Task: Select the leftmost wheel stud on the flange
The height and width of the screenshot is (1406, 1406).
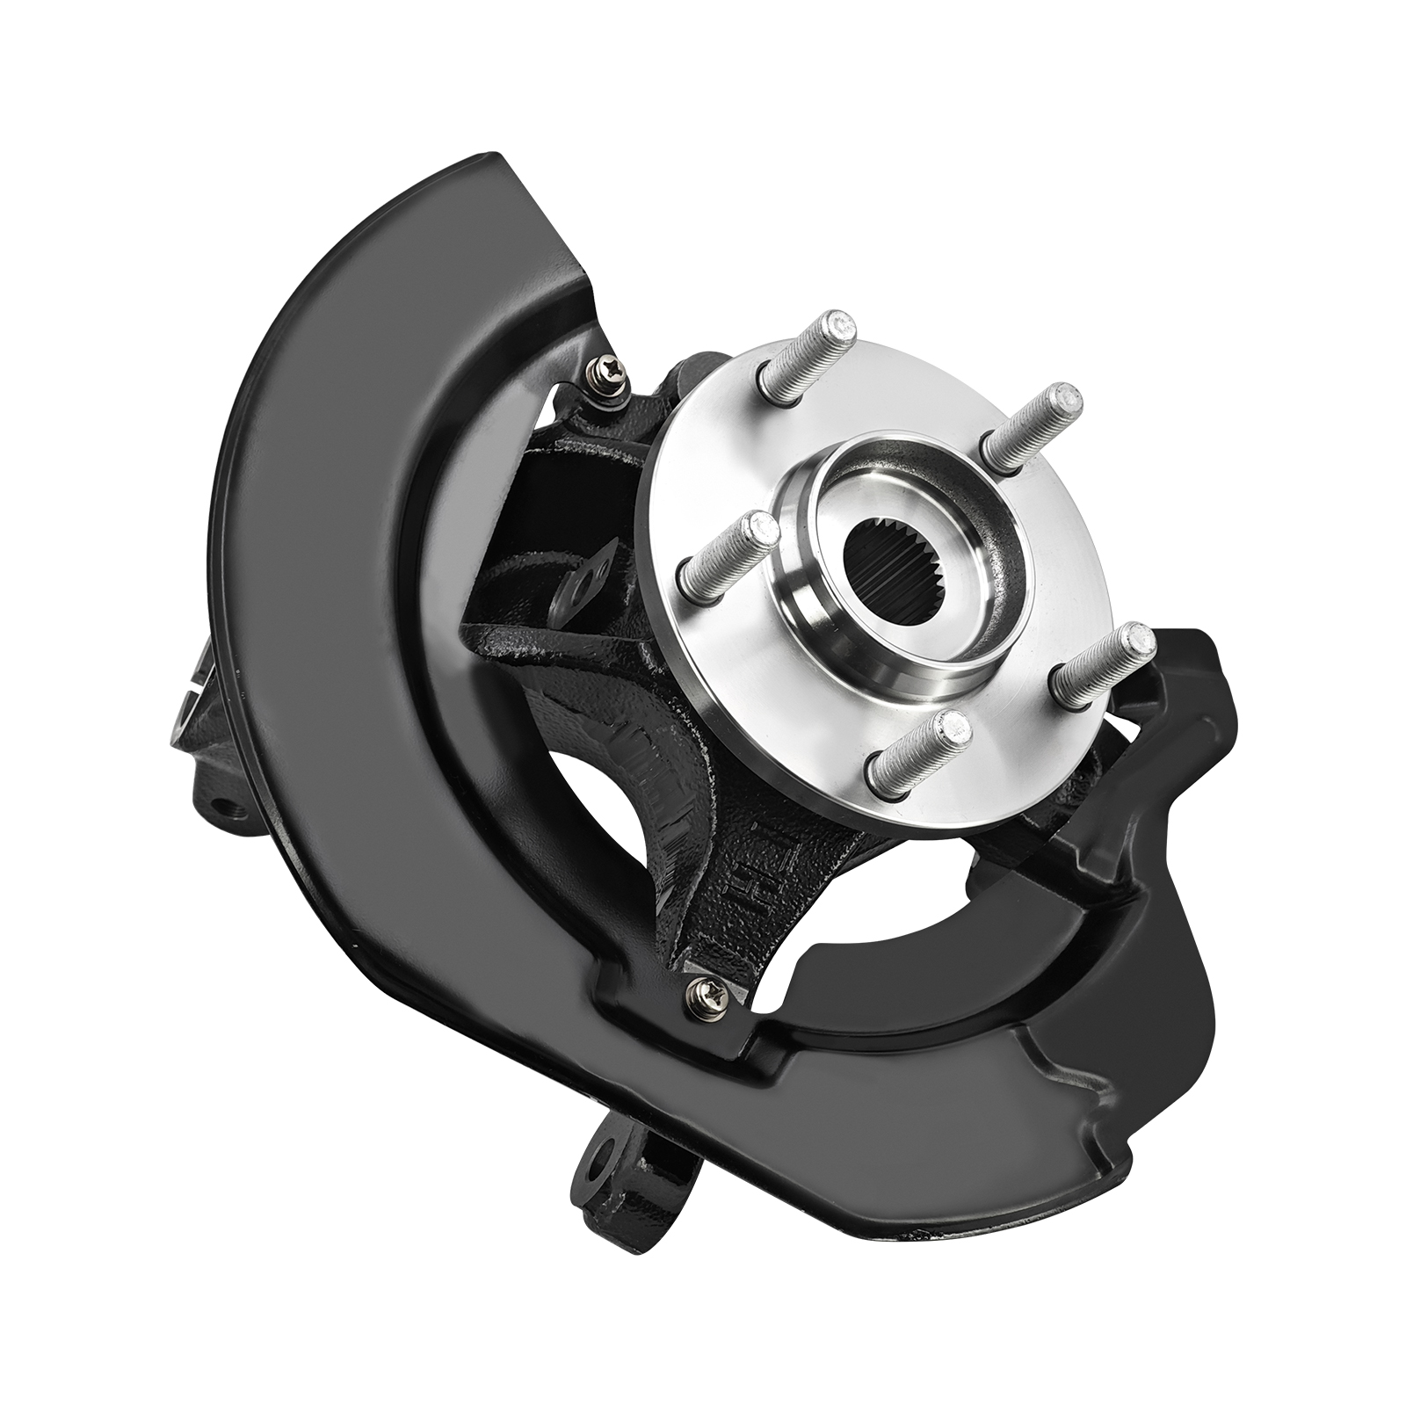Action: pos(726,562)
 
